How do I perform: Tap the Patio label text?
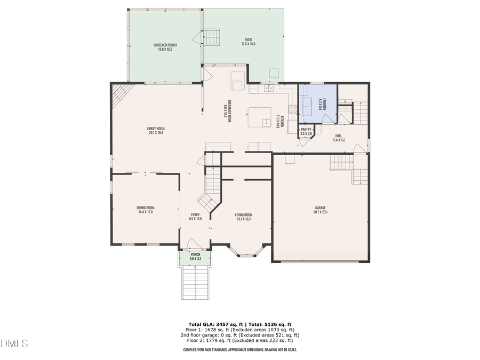[x=248, y=42]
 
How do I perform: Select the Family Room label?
[x=156, y=130]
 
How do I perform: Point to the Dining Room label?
[x=145, y=210]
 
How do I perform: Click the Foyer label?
[x=195, y=216]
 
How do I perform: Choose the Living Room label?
[x=243, y=217]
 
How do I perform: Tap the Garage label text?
[x=320, y=210]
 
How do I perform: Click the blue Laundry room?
[x=318, y=103]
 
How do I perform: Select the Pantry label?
[x=306, y=131]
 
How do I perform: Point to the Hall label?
[x=339, y=138]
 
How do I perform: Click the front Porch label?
[x=195, y=257]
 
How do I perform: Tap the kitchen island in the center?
[x=261, y=117]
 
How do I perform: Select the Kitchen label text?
[x=278, y=122]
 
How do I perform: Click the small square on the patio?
[x=275, y=73]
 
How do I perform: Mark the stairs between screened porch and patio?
[x=212, y=38]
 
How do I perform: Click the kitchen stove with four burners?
[x=293, y=109]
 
